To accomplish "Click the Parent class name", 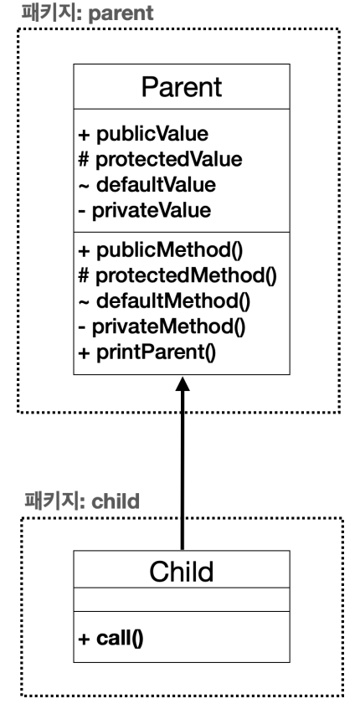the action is [182, 87].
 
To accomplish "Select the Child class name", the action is [182, 571].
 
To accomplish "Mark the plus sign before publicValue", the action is [84, 134].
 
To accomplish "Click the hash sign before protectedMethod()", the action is [84, 275].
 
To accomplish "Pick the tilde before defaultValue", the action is [84, 185].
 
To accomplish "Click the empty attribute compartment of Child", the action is [182, 599].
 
